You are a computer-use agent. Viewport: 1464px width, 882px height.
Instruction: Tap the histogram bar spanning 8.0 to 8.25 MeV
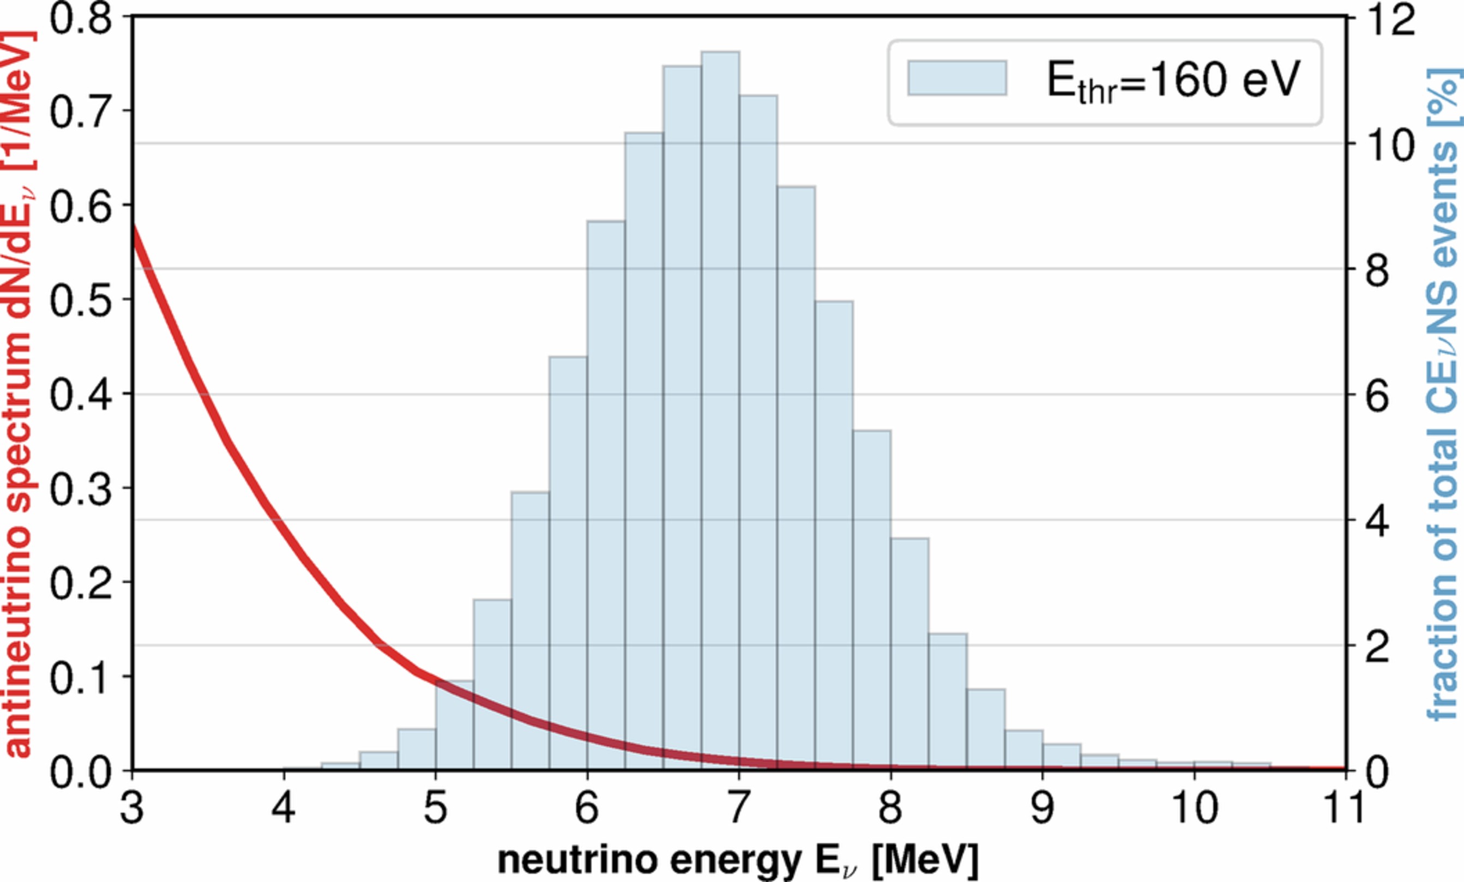pyautogui.click(x=909, y=654)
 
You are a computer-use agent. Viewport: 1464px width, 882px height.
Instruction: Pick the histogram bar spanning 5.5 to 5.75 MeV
pyautogui.click(x=530, y=630)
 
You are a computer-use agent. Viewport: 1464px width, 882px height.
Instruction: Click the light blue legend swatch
pyautogui.click(x=956, y=78)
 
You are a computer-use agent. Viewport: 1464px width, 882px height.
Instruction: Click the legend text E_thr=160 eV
pyautogui.click(x=1173, y=81)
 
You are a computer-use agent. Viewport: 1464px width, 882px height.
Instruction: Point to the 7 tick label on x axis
pyautogui.click(x=738, y=808)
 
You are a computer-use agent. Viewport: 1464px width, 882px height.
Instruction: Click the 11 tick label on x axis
pyautogui.click(x=1344, y=808)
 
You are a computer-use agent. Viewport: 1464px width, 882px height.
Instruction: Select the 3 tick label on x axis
pyautogui.click(x=132, y=808)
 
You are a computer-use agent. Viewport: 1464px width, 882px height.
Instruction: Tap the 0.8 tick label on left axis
pyautogui.click(x=80, y=18)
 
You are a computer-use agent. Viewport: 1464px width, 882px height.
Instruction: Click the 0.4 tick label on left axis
pyautogui.click(x=80, y=394)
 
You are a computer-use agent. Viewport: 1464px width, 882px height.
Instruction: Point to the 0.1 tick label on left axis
pyautogui.click(x=80, y=677)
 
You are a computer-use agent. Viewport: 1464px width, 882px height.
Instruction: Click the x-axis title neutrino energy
pyautogui.click(x=737, y=860)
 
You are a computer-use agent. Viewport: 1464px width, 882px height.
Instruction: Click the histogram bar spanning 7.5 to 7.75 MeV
pyautogui.click(x=834, y=535)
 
